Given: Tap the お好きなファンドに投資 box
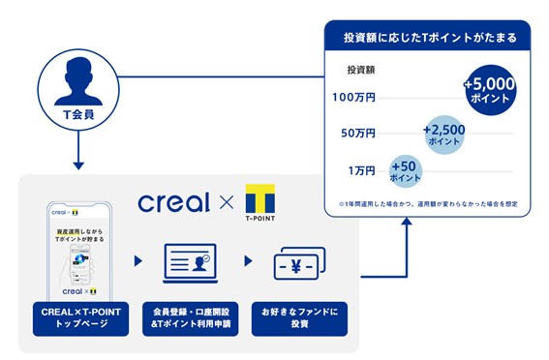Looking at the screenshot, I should tap(299, 320).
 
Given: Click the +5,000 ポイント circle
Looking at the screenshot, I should tap(490, 90).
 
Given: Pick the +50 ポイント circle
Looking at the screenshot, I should tap(405, 170).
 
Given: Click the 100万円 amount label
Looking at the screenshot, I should tap(352, 99).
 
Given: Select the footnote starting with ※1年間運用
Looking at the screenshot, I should tap(427, 203).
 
